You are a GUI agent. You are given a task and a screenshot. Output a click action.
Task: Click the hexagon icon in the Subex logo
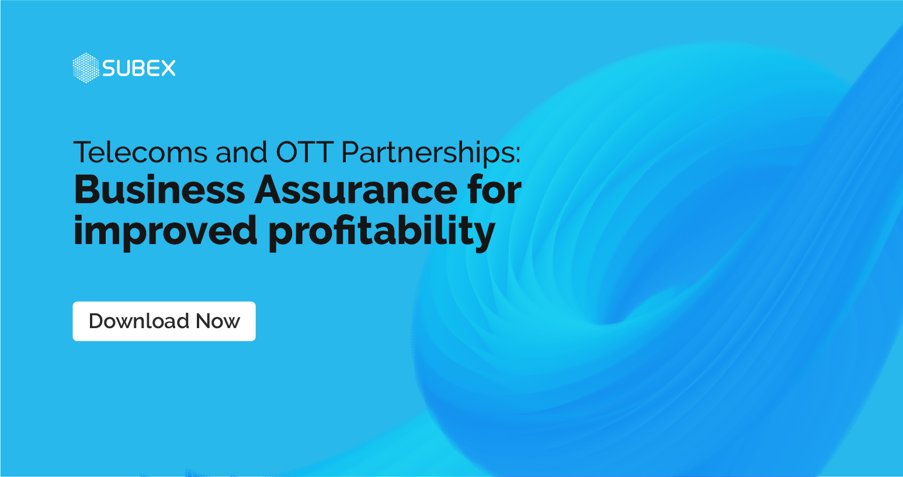pyautogui.click(x=86, y=68)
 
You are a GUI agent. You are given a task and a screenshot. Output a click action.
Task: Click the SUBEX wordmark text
pyautogui.click(x=139, y=68)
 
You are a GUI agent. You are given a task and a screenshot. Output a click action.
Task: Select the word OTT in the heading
pyautogui.click(x=304, y=152)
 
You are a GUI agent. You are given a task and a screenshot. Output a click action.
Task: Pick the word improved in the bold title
pyautogui.click(x=165, y=231)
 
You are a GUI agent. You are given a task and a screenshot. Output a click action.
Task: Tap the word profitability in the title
pyautogui.click(x=382, y=231)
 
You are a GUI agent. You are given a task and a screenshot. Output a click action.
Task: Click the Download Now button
pyautogui.click(x=164, y=321)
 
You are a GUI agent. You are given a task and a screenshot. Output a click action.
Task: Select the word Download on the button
pyautogui.click(x=139, y=321)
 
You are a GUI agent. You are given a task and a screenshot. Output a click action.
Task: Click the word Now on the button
pyautogui.click(x=218, y=321)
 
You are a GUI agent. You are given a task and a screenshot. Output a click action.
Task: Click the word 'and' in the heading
pyautogui.click(x=241, y=152)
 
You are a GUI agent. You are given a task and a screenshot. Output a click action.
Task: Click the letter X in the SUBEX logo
pyautogui.click(x=167, y=68)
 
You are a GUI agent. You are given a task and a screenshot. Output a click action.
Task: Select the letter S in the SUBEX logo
pyautogui.click(x=109, y=68)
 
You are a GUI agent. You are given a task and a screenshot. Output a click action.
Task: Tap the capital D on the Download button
pyautogui.click(x=97, y=321)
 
